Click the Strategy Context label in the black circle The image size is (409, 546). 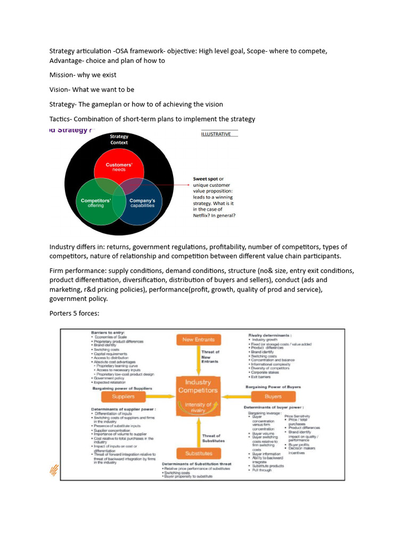click(119, 140)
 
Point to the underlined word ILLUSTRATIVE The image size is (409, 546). click(216, 134)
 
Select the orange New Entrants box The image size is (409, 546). click(198, 340)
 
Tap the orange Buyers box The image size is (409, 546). click(273, 396)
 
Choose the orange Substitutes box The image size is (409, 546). click(198, 453)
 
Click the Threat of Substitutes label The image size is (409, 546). click(214, 438)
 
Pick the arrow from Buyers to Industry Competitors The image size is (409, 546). click(236, 396)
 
